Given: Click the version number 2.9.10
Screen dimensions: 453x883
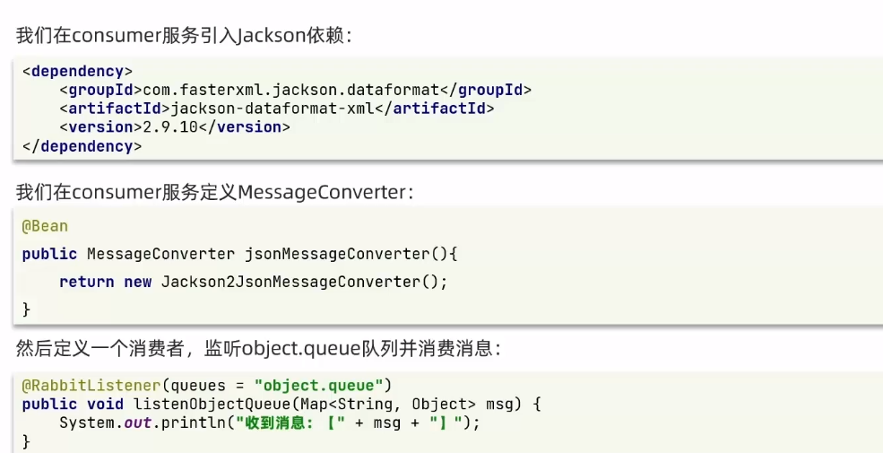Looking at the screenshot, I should click(x=168, y=127).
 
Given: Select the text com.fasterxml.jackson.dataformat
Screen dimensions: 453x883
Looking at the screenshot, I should click(x=291, y=90).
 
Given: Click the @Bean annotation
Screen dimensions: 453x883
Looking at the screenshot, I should click(x=45, y=226).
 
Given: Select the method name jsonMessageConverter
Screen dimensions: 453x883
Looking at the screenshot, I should click(x=342, y=254).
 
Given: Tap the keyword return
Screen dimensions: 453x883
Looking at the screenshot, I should click(x=86, y=282).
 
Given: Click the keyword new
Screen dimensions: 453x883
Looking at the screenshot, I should click(x=137, y=282).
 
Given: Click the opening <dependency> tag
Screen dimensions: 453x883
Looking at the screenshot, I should click(x=77, y=71).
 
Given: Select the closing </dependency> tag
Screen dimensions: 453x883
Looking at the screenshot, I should click(x=82, y=146).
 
